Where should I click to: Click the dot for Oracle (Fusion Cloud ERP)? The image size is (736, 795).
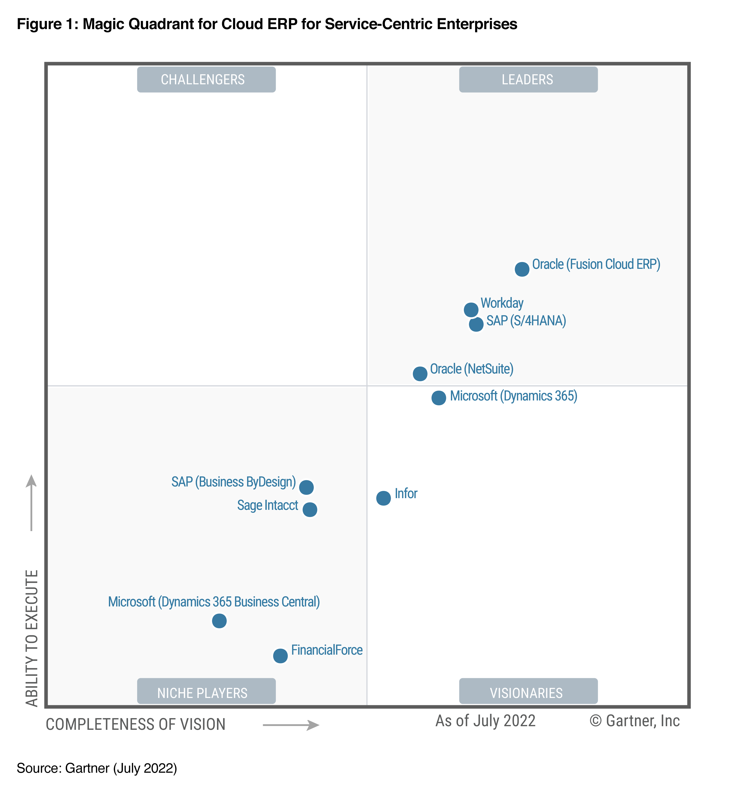coord(522,269)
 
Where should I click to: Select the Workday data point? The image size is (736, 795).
coord(471,309)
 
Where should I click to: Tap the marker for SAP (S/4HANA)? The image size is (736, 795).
coord(476,324)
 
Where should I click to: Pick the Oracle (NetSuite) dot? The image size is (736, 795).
coord(420,374)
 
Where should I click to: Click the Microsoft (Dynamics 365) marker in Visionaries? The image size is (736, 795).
coord(439,397)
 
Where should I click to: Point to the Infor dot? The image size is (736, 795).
coord(383,498)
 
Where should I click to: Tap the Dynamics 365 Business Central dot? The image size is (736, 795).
coord(219,620)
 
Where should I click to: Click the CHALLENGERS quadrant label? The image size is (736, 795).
coord(206,80)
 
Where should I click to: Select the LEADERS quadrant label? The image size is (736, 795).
coord(528,80)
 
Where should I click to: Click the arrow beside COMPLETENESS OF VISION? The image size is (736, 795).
coord(291,725)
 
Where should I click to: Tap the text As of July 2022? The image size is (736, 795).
coord(485,721)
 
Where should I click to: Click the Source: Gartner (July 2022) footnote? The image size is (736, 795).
coord(97,768)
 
